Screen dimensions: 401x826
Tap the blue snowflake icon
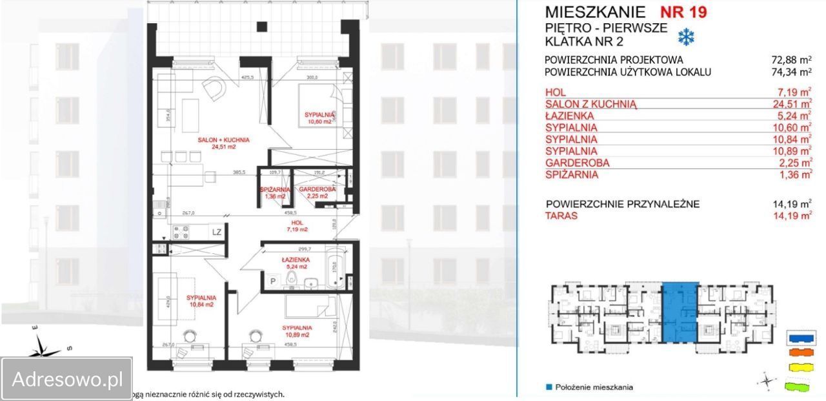point(685,37)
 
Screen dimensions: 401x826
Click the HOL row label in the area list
point(555,92)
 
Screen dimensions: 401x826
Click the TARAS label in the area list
point(561,216)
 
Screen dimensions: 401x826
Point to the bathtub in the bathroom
point(334,266)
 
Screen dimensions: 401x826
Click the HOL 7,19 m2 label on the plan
point(297,225)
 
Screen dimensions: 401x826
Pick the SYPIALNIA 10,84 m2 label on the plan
point(201,301)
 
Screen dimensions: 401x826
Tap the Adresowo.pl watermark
point(66,378)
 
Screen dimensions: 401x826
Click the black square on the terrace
point(261,26)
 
